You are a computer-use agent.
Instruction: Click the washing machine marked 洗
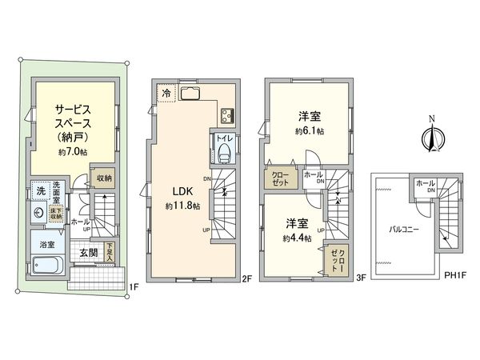39,193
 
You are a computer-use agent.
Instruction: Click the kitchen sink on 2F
193,94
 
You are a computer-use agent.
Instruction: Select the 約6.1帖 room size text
308,131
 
